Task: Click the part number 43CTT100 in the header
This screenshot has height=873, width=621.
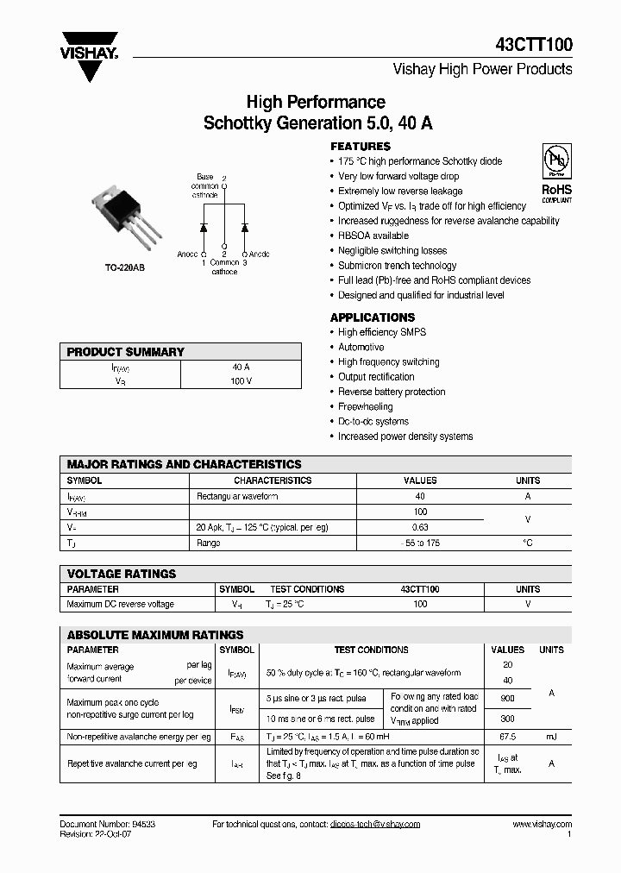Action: pos(534,46)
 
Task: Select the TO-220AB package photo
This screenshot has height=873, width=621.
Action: pos(125,212)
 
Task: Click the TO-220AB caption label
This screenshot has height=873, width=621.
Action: pos(125,268)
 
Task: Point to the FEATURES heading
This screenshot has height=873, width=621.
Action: pos(361,146)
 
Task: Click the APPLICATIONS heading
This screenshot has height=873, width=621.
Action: pos(373,317)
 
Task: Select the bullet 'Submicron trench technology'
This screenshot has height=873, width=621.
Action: pos(397,266)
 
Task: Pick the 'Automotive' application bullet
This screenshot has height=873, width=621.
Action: pos(361,347)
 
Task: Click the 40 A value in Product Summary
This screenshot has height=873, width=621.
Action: pos(241,367)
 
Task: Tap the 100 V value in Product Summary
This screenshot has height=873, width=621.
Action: pos(241,381)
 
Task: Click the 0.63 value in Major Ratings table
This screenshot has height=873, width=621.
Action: pos(420,527)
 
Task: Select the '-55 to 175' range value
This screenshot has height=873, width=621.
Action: pos(420,543)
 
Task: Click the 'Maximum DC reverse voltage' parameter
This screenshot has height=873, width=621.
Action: pos(120,604)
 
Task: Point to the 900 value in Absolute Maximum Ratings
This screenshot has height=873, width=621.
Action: pos(507,698)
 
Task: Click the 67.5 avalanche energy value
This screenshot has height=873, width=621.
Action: pos(507,737)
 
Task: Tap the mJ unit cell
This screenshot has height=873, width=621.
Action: pos(551,737)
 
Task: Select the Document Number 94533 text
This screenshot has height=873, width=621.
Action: pos(108,824)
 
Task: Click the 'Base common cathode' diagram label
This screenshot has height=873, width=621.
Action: pos(204,185)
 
